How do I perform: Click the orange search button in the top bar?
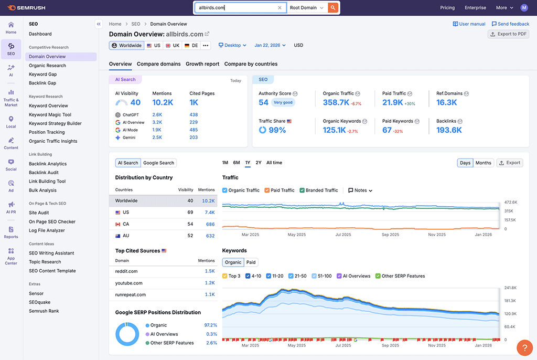coord(333,8)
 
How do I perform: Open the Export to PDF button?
coord(508,34)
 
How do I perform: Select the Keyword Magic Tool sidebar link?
coord(50,114)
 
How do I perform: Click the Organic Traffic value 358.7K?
coord(336,102)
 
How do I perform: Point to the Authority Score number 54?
coord(263,102)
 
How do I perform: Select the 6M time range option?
coord(237,163)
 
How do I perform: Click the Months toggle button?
coord(483,163)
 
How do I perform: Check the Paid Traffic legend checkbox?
coord(267,190)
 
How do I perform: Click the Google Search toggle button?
coord(158,163)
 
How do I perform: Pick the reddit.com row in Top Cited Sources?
coord(127,271)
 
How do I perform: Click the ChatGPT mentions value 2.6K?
coord(157,114)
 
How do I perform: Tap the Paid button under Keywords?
coord(251,262)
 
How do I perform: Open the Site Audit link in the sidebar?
coord(39,213)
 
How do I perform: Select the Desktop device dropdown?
coord(232,46)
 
